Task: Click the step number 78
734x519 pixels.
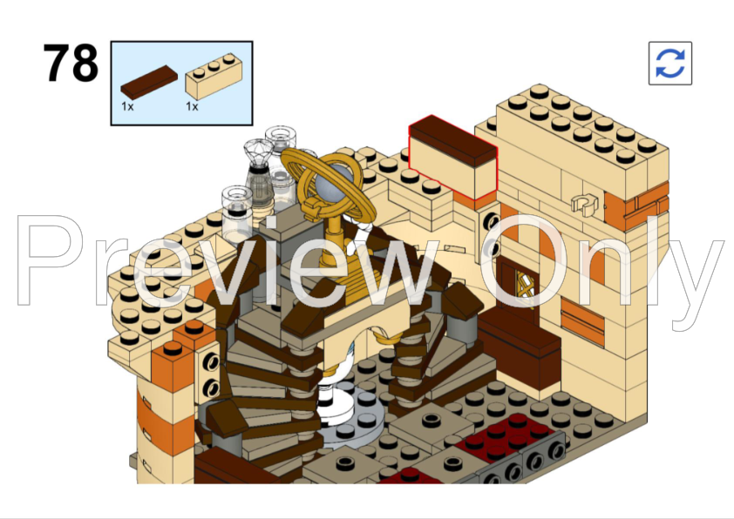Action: (71, 64)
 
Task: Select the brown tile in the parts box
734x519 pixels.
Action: (148, 83)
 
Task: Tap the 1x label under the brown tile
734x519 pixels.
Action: (127, 106)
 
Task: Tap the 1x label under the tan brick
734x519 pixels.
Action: (192, 106)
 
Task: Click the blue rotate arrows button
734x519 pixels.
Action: (669, 63)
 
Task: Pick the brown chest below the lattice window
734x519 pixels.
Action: (520, 348)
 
